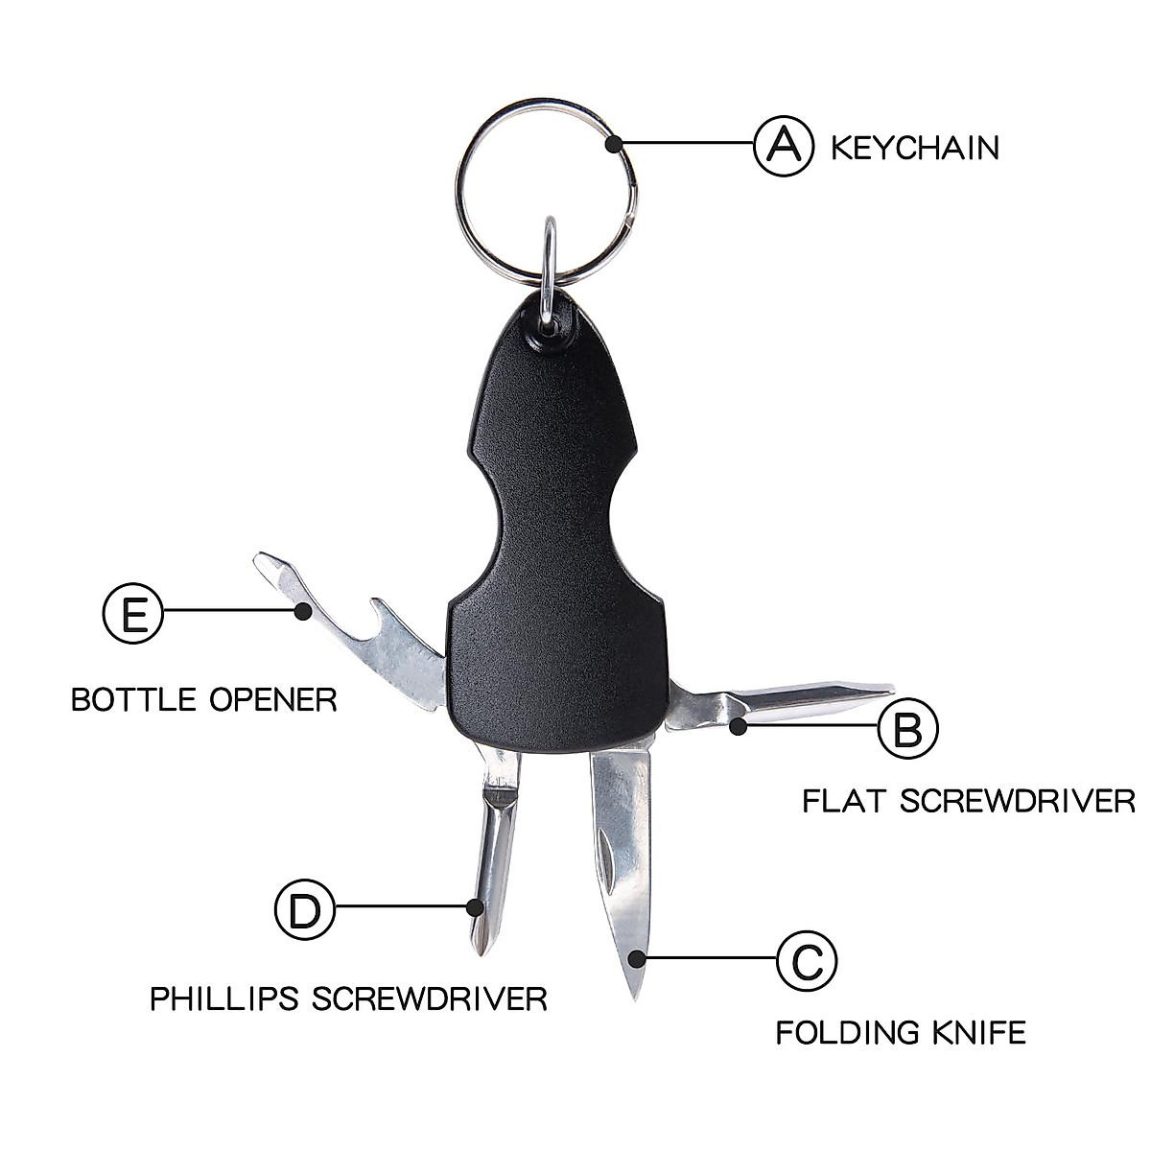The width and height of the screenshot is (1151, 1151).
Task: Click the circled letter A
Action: click(x=785, y=146)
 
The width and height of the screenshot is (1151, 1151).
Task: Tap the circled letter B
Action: click(x=908, y=728)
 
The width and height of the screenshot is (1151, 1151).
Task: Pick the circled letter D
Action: click(x=305, y=908)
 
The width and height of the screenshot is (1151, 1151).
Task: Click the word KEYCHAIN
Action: click(x=914, y=149)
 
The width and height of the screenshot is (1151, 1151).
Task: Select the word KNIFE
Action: click(x=979, y=1033)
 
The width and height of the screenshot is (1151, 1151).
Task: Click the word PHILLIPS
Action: click(x=224, y=998)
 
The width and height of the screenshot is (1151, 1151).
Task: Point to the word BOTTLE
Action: click(x=131, y=699)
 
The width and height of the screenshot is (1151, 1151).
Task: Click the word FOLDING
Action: click(x=845, y=1033)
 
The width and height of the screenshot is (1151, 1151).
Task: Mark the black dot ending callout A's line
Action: click(x=614, y=145)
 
